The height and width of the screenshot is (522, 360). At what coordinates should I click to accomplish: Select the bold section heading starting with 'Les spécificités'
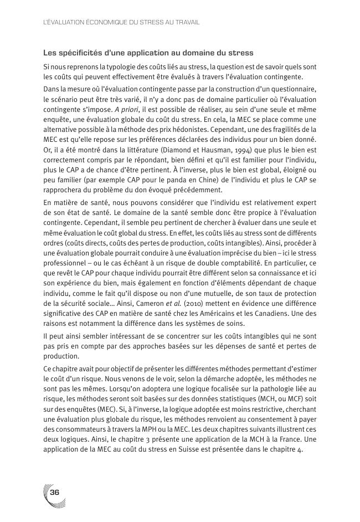click(148, 53)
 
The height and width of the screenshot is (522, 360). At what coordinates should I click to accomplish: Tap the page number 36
click(55, 493)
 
